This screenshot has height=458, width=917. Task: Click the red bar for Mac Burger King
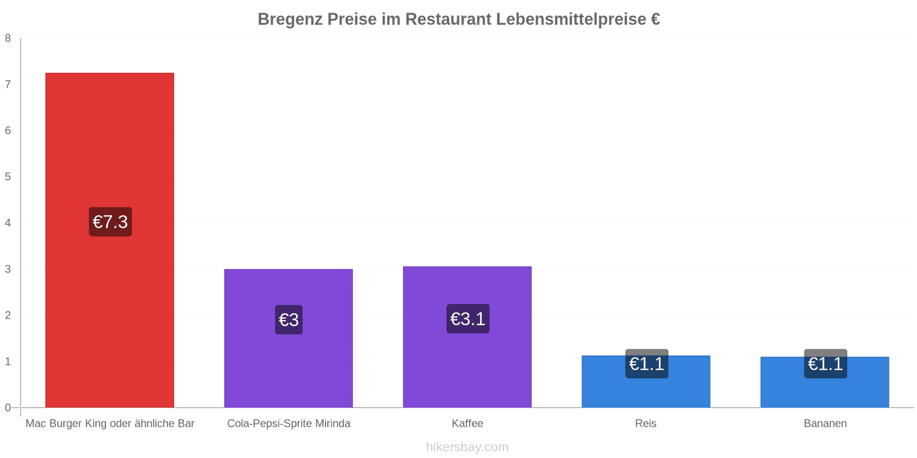109,143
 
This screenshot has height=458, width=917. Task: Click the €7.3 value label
110,222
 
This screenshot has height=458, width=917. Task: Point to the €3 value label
289,319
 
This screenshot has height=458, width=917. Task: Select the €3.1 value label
468,318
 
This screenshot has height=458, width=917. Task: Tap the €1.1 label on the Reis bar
646,364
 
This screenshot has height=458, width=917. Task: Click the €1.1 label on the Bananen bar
825,364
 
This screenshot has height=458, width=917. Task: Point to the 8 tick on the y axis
8,38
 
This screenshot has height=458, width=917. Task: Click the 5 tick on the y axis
8,177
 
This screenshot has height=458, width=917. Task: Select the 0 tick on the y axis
8,408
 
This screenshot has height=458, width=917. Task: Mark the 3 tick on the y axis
8,269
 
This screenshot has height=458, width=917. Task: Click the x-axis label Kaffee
467,424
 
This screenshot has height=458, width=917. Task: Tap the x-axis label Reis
646,424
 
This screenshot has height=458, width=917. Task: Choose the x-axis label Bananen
825,424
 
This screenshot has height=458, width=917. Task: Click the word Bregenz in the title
290,19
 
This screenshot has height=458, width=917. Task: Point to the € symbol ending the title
655,19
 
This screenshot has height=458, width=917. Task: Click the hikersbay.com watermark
467,447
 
